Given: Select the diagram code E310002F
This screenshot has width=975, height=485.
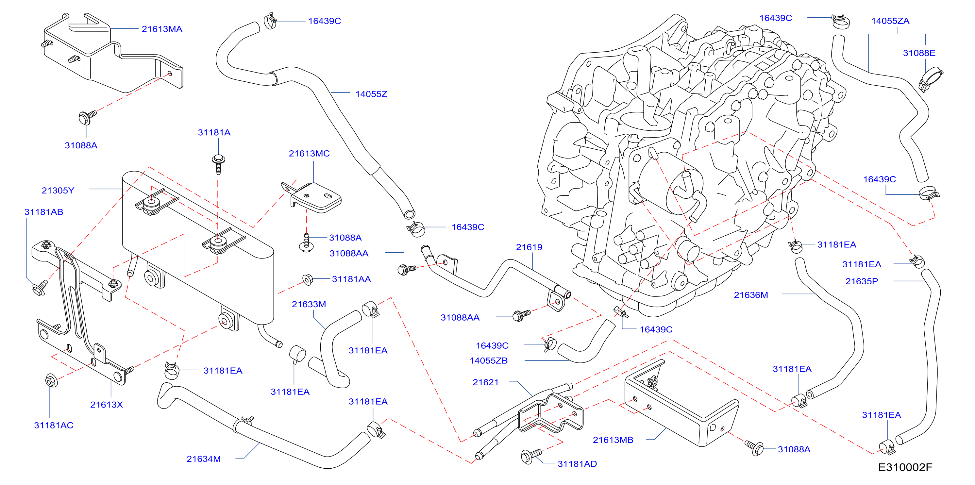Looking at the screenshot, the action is click(x=905, y=467).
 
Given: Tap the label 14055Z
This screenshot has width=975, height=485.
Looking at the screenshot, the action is click(x=371, y=94).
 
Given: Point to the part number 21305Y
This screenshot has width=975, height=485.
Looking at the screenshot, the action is click(x=58, y=190).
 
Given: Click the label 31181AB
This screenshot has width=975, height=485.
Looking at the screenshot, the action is click(x=44, y=212).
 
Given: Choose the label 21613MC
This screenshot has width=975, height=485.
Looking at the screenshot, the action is click(x=309, y=153).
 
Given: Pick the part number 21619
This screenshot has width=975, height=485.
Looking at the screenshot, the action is click(x=529, y=247).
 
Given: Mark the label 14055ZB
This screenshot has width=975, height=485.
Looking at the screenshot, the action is click(x=489, y=360).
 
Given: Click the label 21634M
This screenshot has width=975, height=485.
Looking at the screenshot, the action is click(x=204, y=459).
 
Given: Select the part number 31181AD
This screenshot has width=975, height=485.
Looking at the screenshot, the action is click(x=577, y=464).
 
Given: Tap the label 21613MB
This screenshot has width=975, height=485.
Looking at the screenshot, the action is click(x=613, y=440).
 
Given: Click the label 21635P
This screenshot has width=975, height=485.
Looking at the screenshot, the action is click(x=862, y=281).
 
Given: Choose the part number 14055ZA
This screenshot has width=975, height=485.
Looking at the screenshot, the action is click(x=890, y=21).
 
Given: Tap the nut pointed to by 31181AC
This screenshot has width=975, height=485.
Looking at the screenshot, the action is click(x=51, y=381).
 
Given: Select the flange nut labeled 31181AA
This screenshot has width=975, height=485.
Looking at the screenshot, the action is click(x=308, y=279).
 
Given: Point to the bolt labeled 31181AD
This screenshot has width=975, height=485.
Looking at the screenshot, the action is click(x=531, y=456).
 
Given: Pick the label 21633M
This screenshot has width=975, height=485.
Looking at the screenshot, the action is click(x=309, y=304).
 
